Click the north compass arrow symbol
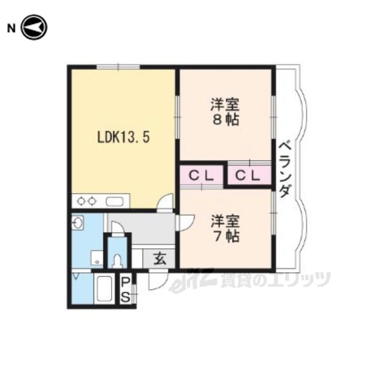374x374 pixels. [34, 27]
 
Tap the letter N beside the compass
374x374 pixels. [11, 29]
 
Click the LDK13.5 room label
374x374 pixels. [123, 138]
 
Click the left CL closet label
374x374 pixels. [201, 176]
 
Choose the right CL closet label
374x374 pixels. [247, 176]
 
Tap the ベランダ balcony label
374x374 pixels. [285, 169]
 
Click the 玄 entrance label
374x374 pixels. [160, 258]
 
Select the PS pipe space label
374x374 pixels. [126, 290]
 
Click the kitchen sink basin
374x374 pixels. [115, 202]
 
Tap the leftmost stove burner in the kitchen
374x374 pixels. [81, 202]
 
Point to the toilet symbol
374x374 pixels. [117, 261]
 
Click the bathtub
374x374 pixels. [104, 289]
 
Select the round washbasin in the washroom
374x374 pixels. [77, 223]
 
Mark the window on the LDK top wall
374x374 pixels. [118, 67]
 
